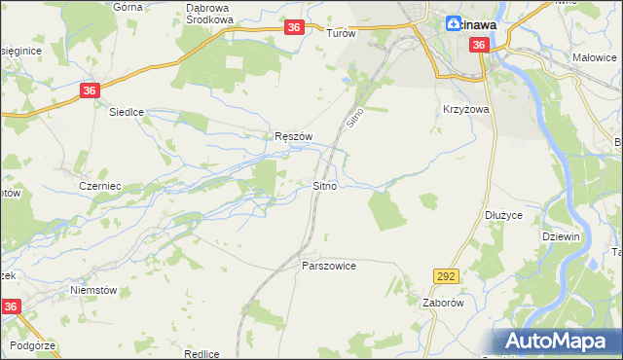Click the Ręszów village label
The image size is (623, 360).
tap(293, 137)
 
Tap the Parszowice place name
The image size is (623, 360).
tap(329, 266)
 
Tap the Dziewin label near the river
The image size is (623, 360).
tap(561, 236)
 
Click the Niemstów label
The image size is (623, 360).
tap(93, 290)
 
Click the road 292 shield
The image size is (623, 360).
tap(446, 277)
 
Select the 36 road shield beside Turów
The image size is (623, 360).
tap(295, 29)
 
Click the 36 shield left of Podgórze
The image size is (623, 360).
tap(11, 306)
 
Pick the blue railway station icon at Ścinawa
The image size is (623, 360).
tap(455, 24)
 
